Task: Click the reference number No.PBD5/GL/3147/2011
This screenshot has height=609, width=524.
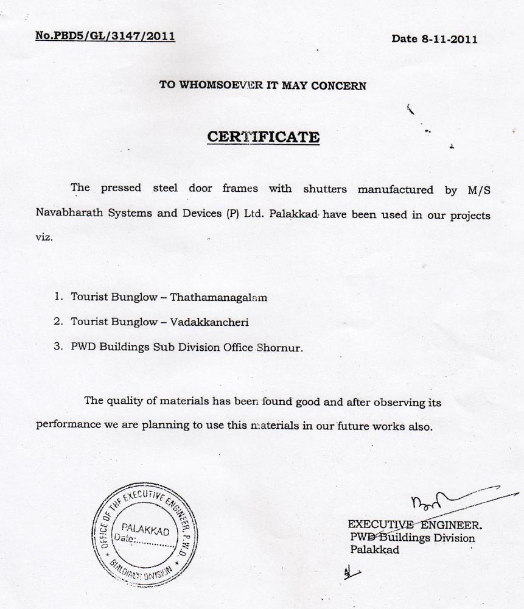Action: (105, 36)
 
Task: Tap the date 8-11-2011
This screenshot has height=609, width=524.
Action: (434, 39)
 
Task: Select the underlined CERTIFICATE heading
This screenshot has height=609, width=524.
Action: (263, 136)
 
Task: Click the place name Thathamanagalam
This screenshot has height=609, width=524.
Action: (218, 298)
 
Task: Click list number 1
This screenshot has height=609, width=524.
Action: (58, 298)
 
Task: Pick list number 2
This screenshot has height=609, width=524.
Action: (58, 321)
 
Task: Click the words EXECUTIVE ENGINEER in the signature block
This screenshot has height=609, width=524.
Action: (414, 524)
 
